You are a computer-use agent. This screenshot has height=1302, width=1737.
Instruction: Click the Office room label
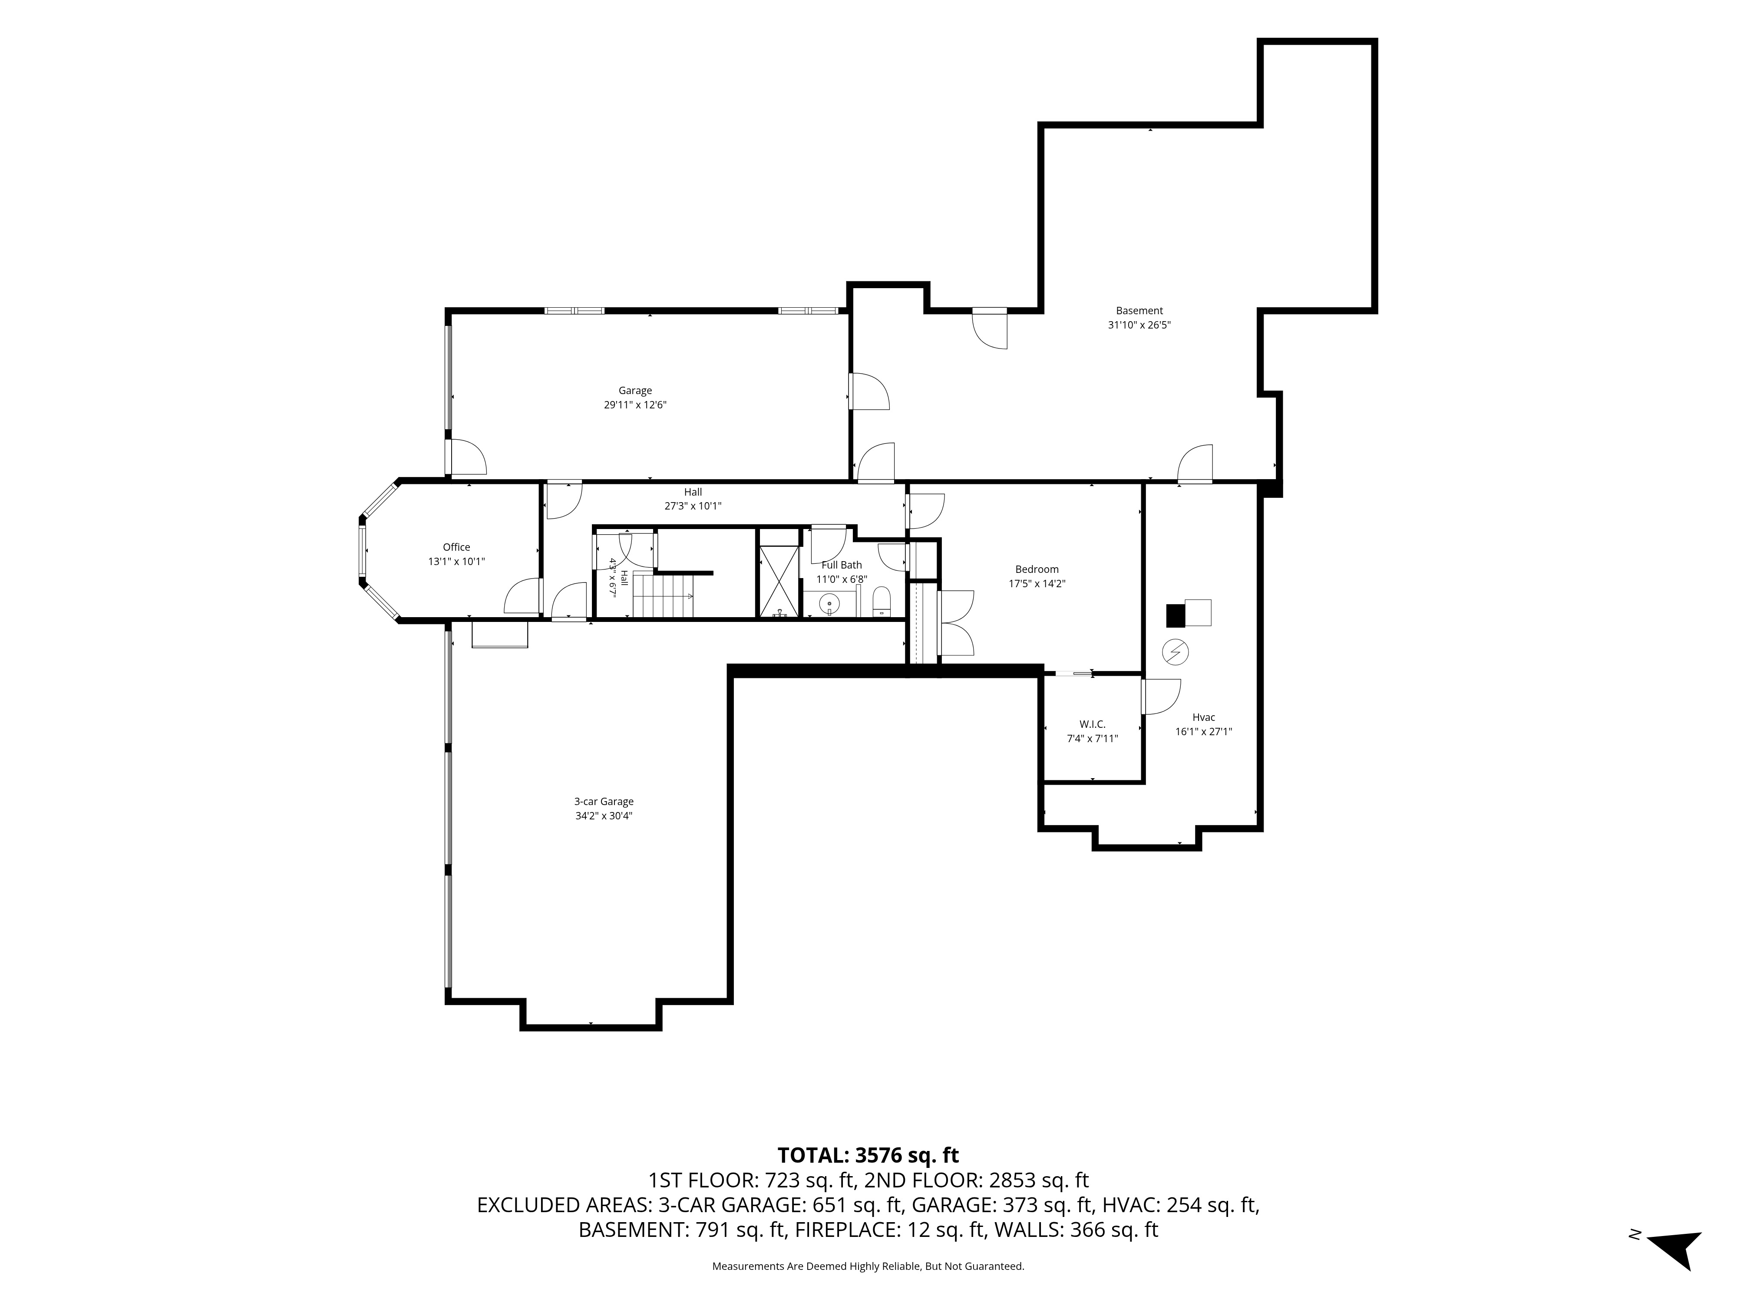(456, 547)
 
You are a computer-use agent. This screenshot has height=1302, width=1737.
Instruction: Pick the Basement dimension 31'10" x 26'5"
(1139, 325)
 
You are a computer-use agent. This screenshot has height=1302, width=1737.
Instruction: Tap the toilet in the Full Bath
(882, 602)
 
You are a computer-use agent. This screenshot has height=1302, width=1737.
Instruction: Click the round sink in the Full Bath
(829, 604)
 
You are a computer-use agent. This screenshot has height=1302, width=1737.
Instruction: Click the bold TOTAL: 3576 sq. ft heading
(868, 1155)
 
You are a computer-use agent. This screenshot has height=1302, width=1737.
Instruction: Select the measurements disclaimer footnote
(868, 1266)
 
